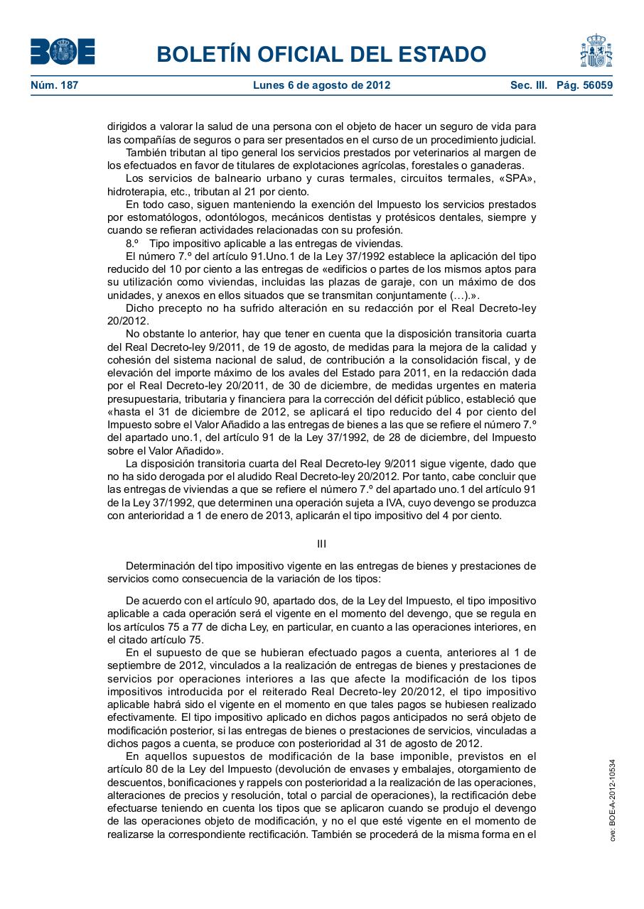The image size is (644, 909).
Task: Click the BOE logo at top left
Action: click(x=63, y=51)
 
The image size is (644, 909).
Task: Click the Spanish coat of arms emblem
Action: click(x=596, y=50)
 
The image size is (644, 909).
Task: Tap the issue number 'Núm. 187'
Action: click(x=54, y=86)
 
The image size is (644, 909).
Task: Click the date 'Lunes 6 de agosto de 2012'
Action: click(x=321, y=86)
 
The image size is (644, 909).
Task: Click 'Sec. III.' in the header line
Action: click(x=528, y=86)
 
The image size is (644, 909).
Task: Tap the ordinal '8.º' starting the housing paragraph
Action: click(x=132, y=243)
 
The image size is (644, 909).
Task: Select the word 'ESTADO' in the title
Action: click(x=441, y=55)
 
